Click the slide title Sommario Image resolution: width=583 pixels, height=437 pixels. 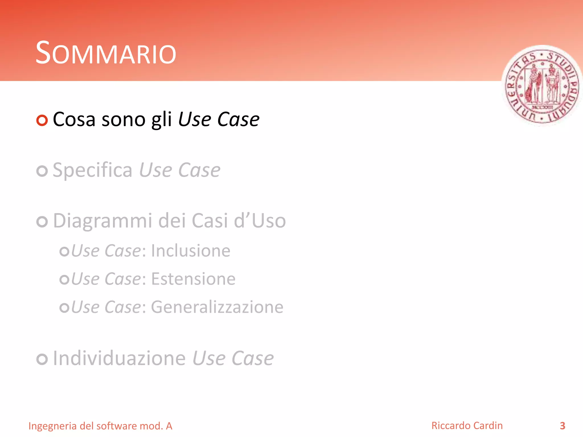tap(106, 53)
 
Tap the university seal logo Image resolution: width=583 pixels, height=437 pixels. tap(542, 86)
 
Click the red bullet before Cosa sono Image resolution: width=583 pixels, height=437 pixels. tap(42, 120)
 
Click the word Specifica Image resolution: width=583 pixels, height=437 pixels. tap(93, 170)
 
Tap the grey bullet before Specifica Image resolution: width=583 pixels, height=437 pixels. tap(42, 171)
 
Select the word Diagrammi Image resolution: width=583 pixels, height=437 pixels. tap(103, 221)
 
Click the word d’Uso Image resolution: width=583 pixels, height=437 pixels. tap(260, 221)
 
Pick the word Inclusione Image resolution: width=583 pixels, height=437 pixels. tap(190, 251)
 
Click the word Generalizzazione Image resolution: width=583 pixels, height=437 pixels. tap(217, 307)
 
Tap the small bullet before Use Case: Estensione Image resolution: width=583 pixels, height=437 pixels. tap(64, 279)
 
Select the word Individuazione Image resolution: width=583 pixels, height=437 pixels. tap(119, 358)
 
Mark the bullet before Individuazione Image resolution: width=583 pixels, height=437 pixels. tap(42, 359)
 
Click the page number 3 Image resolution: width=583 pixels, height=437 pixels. tap(562, 426)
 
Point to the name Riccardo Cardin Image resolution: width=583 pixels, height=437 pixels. tap(467, 426)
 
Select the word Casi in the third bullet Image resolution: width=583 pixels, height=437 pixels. tap(210, 221)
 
